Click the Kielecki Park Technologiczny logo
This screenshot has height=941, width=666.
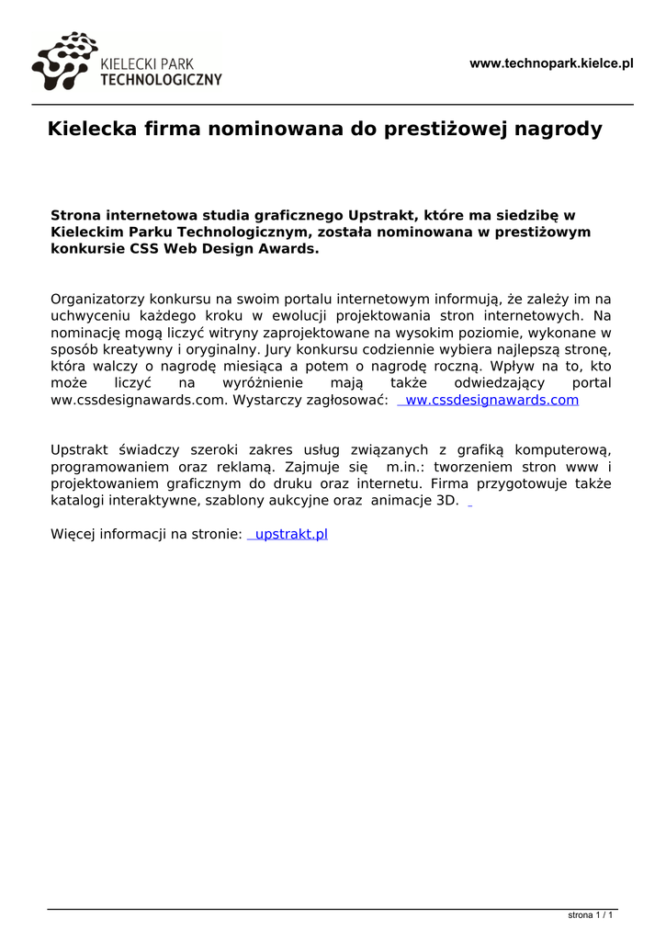[126, 62]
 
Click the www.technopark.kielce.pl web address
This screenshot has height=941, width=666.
[551, 63]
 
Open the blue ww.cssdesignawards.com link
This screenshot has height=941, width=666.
[491, 400]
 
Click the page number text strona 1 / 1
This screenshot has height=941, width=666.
[590, 915]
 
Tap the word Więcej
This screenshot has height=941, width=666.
[73, 534]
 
